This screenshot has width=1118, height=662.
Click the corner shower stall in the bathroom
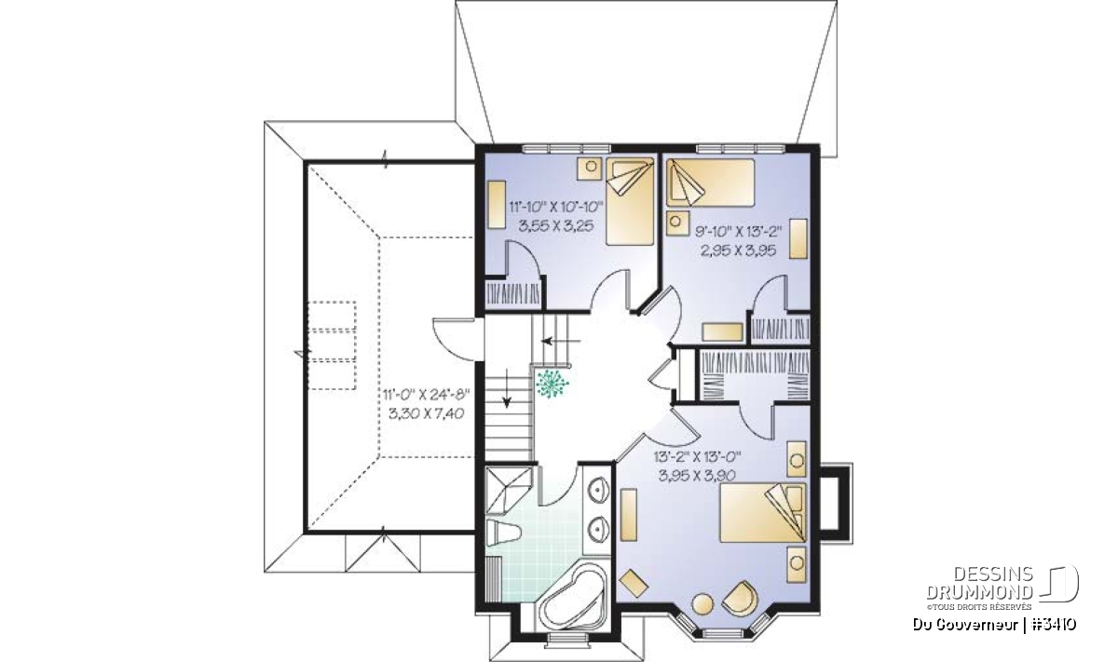[x=509, y=490]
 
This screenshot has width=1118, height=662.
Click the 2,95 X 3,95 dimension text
[x=739, y=250]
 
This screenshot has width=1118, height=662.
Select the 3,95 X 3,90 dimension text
[x=697, y=475]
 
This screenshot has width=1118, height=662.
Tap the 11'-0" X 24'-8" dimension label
[x=427, y=395]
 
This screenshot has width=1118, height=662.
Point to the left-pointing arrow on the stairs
[x=561, y=342]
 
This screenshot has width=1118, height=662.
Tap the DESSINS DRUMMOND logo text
[x=980, y=583]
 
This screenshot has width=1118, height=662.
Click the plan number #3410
[x=1054, y=625]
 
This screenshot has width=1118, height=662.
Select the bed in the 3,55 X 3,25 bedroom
[x=630, y=201]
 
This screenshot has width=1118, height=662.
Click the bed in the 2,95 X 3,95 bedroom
[x=710, y=182]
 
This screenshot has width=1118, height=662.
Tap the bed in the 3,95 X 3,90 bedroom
[x=763, y=512]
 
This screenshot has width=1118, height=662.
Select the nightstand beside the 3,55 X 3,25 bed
[x=591, y=169]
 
